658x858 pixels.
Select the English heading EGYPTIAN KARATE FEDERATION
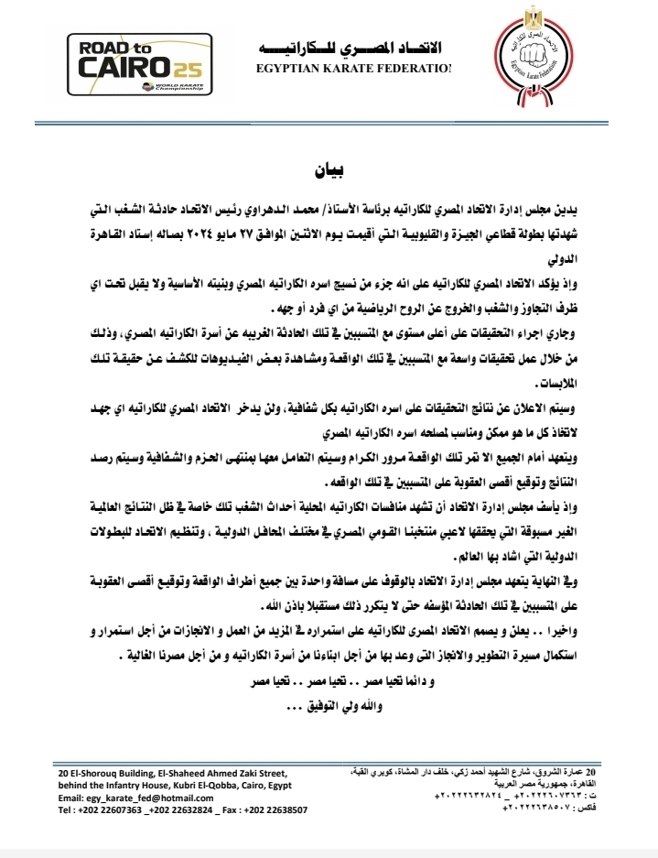point(356,69)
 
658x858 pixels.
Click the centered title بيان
point(330,174)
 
